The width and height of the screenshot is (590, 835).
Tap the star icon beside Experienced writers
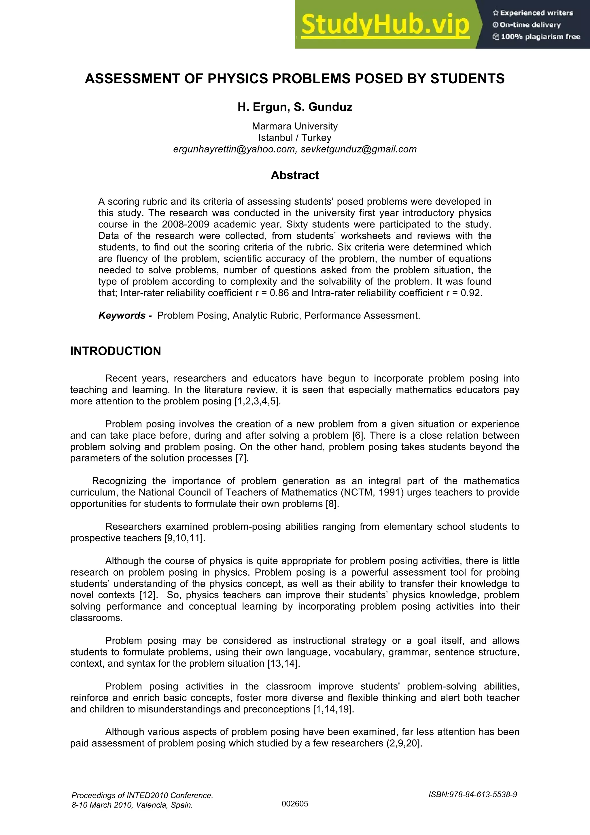click(495, 13)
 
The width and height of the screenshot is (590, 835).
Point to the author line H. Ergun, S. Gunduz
click(295, 107)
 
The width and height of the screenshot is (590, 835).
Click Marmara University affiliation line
click(295, 126)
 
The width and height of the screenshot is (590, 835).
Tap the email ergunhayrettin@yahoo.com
click(235, 149)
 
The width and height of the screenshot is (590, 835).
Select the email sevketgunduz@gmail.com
click(358, 149)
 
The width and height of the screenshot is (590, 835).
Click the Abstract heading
click(295, 175)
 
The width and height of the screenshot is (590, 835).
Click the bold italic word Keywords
click(122, 315)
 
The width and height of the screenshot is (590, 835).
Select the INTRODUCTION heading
click(116, 351)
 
